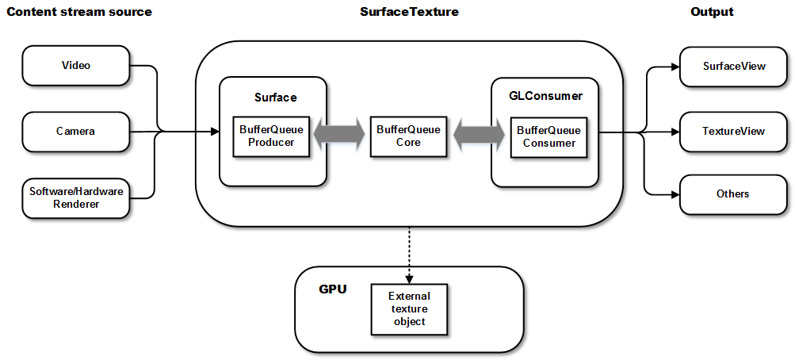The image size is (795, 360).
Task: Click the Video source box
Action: pyautogui.click(x=76, y=65)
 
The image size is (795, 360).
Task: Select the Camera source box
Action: pyautogui.click(x=76, y=131)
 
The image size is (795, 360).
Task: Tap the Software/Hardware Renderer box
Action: pyautogui.click(x=76, y=197)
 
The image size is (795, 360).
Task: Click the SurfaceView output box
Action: pyautogui.click(x=734, y=66)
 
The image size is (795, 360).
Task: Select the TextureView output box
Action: pyautogui.click(x=734, y=130)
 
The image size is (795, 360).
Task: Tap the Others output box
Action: pyautogui.click(x=734, y=193)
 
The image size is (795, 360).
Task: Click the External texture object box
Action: pyautogui.click(x=409, y=308)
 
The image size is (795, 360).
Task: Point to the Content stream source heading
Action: pyautogui.click(x=79, y=12)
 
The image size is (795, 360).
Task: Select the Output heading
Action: pyautogui.click(x=712, y=12)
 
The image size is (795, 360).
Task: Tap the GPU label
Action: pyautogui.click(x=333, y=289)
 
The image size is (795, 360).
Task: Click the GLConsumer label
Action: pyautogui.click(x=545, y=96)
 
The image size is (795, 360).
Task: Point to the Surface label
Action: pyautogui.click(x=276, y=98)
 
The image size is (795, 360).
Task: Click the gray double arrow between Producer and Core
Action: pyautogui.click(x=339, y=136)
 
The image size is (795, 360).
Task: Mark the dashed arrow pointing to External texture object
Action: pyautogui.click(x=409, y=254)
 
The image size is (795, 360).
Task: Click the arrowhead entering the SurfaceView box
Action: pyautogui.click(x=675, y=67)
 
